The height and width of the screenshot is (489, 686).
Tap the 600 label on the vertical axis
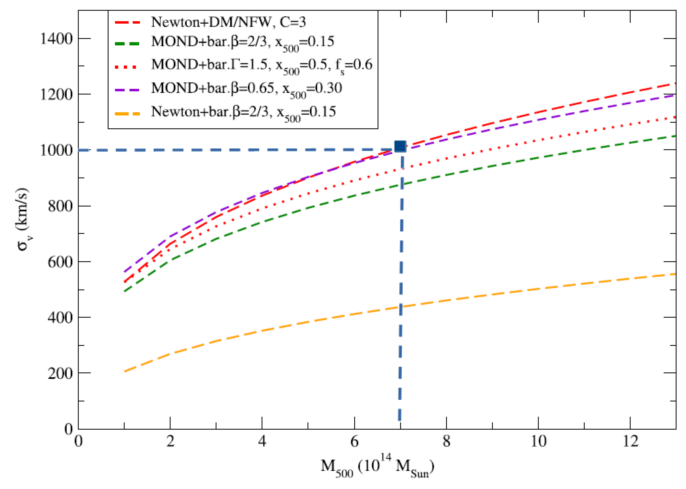[60, 262]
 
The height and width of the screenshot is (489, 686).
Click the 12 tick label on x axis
[630, 442]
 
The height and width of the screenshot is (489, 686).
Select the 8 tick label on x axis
[446, 442]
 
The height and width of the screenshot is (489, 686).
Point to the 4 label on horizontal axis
[262, 442]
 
